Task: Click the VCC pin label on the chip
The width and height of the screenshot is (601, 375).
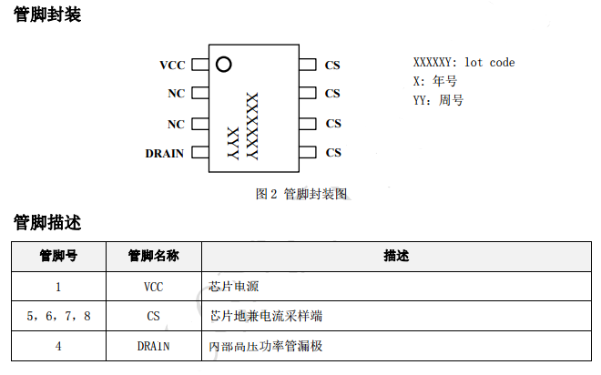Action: (171, 66)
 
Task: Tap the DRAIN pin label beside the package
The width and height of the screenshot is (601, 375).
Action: (165, 153)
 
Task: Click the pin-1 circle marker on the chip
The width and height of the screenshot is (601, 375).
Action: (223, 65)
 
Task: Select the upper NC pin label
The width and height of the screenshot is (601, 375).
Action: (176, 94)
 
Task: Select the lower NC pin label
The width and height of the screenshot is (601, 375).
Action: (176, 124)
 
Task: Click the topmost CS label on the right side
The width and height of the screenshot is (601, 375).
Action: (332, 66)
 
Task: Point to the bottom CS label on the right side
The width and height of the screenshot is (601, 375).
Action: (332, 153)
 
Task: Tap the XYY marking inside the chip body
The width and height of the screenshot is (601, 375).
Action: (232, 144)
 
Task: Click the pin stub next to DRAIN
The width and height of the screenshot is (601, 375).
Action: (199, 153)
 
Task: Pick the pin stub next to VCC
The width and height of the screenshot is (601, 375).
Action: (199, 66)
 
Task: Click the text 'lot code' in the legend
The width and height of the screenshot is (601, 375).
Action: (489, 63)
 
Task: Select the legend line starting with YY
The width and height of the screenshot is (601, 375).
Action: (438, 100)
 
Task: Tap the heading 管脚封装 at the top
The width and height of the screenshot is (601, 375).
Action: (47, 15)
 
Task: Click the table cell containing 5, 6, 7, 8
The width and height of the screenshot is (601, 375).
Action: (58, 316)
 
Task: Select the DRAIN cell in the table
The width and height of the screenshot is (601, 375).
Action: (153, 346)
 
